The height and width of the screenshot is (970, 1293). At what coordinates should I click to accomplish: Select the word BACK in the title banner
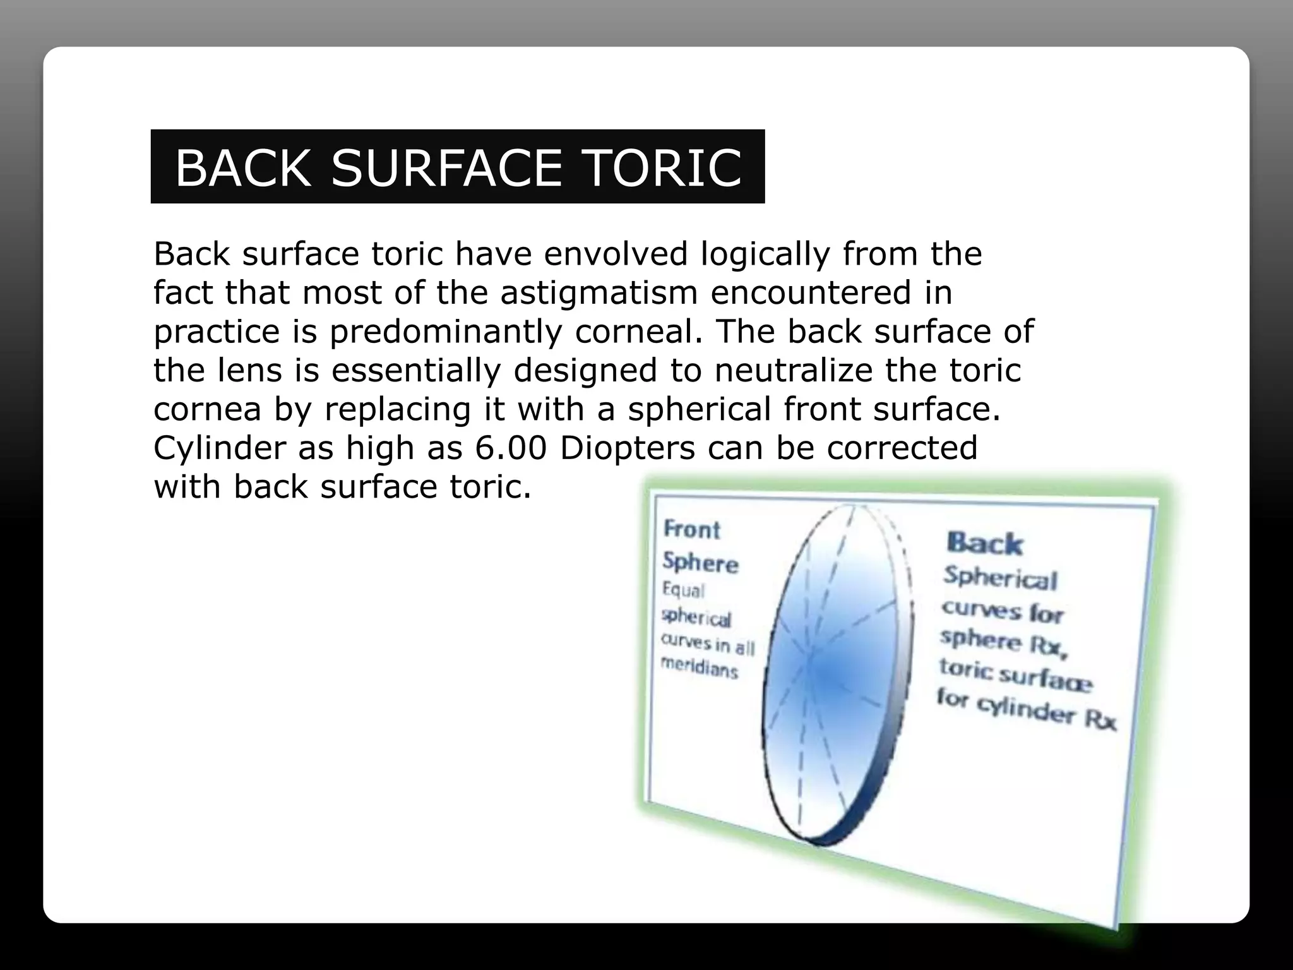pos(242,168)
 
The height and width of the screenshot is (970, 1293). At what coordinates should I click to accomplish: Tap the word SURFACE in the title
pos(446,168)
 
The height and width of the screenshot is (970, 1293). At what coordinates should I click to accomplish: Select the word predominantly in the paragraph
pos(446,332)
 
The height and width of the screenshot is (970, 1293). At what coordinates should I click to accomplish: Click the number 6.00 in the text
pos(511,448)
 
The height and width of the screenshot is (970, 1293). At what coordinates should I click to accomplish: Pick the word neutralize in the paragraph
pos(794,370)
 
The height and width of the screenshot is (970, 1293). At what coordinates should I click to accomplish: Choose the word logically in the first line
pos(765,254)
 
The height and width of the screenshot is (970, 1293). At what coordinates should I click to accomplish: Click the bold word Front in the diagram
pos(692,529)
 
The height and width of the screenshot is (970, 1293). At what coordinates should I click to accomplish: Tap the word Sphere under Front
pos(700,562)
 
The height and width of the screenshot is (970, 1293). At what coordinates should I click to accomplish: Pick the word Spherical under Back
pos(1000,578)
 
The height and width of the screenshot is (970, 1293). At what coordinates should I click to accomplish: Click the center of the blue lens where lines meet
pos(811,660)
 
